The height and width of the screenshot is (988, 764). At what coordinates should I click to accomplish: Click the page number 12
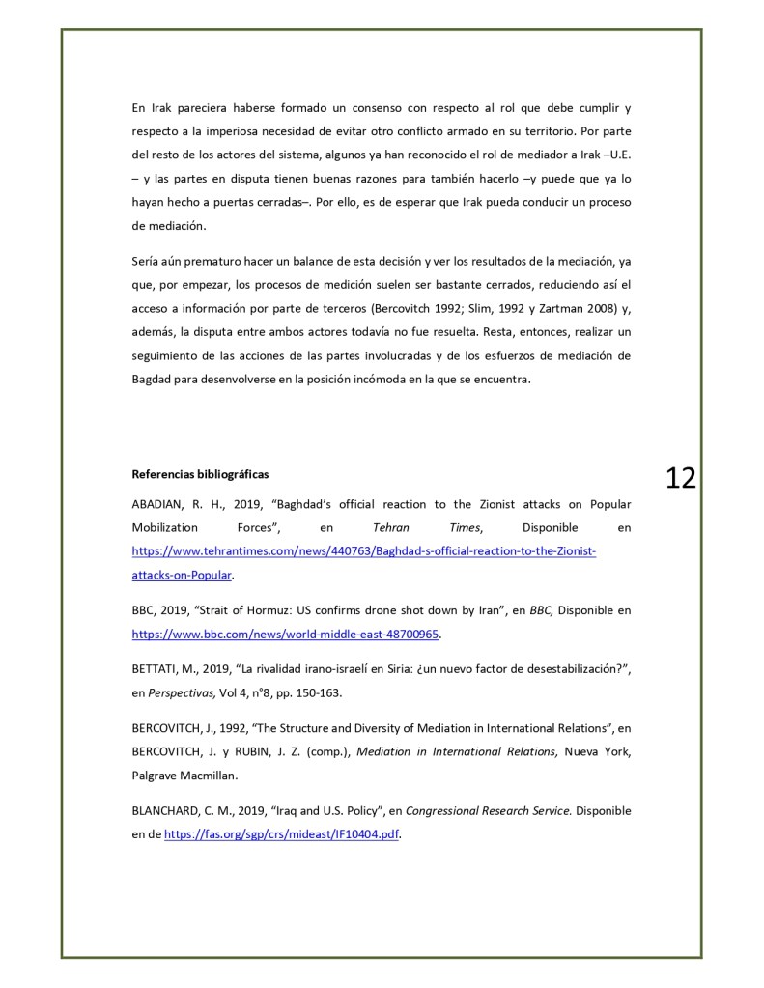[x=680, y=477]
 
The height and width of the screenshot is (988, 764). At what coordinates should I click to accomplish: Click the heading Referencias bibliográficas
[x=200, y=474]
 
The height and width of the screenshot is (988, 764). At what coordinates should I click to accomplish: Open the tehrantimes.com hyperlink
[x=364, y=551]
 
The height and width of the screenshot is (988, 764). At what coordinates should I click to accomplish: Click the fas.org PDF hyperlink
[x=281, y=835]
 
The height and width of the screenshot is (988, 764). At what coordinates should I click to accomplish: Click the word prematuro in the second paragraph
[x=215, y=261]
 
